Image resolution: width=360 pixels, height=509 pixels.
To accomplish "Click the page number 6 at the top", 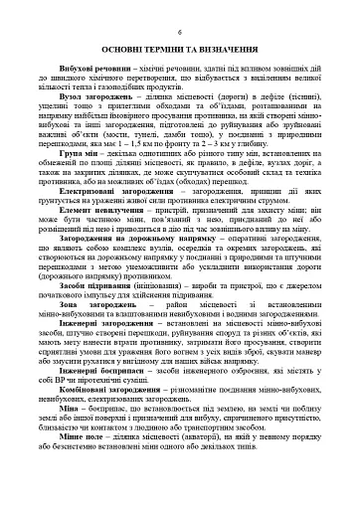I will point(180,33).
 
